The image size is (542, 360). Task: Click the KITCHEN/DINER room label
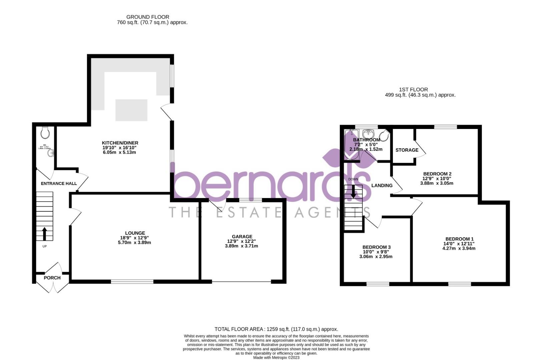coord(120,143)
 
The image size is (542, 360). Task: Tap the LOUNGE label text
coord(135,233)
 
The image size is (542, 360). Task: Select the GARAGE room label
coord(242,237)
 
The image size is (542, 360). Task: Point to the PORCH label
coord(52,278)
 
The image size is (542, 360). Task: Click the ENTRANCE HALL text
coord(59,183)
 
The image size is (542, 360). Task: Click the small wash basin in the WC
coord(51,153)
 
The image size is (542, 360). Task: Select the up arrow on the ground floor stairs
coord(44,233)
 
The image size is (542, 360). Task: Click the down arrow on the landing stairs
coord(353,192)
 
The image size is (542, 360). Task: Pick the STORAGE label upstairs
coord(407,150)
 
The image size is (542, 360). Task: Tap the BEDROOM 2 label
coord(437,174)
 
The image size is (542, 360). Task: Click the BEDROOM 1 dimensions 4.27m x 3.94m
coord(459,248)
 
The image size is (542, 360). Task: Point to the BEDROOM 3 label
coord(376,247)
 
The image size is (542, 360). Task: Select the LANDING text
coord(382,185)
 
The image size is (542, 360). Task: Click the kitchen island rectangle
coord(131,110)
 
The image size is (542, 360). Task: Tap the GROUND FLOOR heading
coord(148,17)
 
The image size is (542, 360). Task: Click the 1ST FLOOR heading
coord(413,89)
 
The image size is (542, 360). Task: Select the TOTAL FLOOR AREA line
coord(276,329)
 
